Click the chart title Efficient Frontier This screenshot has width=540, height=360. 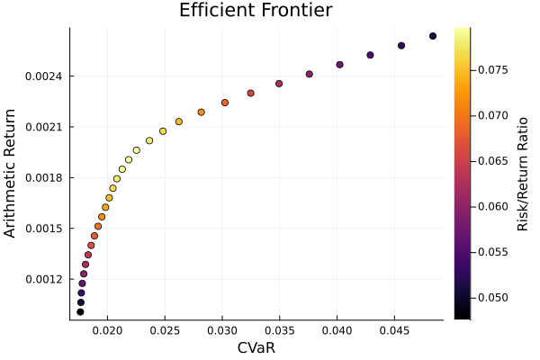(x=256, y=12)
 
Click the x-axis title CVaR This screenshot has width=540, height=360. (x=256, y=347)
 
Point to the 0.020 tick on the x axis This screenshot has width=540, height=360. (x=108, y=330)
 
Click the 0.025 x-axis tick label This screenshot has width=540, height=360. (x=166, y=330)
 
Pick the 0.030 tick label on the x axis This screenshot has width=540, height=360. (x=223, y=330)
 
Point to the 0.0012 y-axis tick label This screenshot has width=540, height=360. (x=44, y=279)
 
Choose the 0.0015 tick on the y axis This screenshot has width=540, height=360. (x=44, y=229)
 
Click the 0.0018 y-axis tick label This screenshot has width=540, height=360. (x=44, y=177)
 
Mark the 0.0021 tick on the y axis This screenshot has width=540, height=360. (x=44, y=127)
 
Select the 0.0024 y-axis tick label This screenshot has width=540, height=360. (x=44, y=76)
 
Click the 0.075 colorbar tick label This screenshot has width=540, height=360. (x=490, y=69)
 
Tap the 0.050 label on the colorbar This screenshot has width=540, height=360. (x=490, y=297)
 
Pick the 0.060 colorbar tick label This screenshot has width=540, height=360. (x=490, y=206)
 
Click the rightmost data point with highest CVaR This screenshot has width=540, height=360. (x=433, y=36)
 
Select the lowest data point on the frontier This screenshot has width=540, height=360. (x=80, y=312)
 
